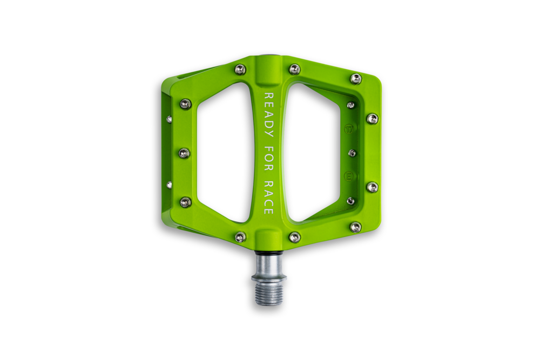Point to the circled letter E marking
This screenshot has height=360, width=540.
pyautogui.click(x=349, y=176)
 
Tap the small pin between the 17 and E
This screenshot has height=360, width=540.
pyautogui.click(x=352, y=153)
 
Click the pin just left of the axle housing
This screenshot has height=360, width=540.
pyautogui.click(x=241, y=236)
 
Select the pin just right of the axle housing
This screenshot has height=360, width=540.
pyautogui.click(x=294, y=236)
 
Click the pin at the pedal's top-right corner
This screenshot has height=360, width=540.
pyautogui.click(x=355, y=79)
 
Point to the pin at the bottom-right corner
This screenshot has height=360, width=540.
pyautogui.click(x=355, y=227)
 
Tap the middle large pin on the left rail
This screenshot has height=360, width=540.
pyautogui.click(x=184, y=153)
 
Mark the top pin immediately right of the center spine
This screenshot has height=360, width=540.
pyautogui.click(x=294, y=69)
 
